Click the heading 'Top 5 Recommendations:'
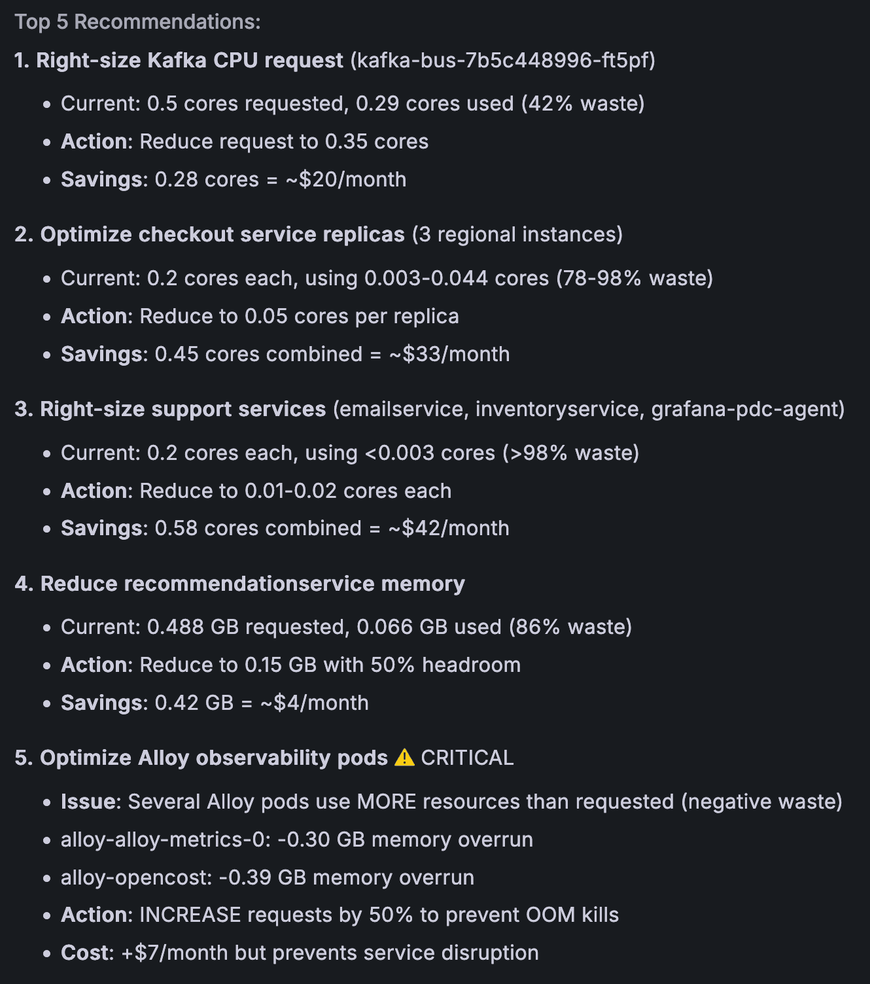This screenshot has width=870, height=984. pyautogui.click(x=137, y=22)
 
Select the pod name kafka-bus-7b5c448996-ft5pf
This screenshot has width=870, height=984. pyautogui.click(x=503, y=60)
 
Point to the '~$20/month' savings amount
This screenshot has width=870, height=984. pyautogui.click(x=346, y=179)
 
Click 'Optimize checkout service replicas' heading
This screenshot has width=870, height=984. pyautogui.click(x=222, y=234)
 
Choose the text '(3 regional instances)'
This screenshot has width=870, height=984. pyautogui.click(x=517, y=234)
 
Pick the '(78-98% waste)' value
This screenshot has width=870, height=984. pyautogui.click(x=635, y=278)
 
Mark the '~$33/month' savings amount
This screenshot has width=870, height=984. pyautogui.click(x=449, y=354)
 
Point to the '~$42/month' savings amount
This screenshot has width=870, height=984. pyautogui.click(x=449, y=528)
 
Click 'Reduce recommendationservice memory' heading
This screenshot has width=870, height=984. pyautogui.click(x=252, y=584)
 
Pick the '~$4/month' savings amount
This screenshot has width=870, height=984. pyautogui.click(x=315, y=703)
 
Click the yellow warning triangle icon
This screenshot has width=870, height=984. pyautogui.click(x=405, y=758)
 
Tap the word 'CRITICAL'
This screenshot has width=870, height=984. pyautogui.click(x=467, y=758)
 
